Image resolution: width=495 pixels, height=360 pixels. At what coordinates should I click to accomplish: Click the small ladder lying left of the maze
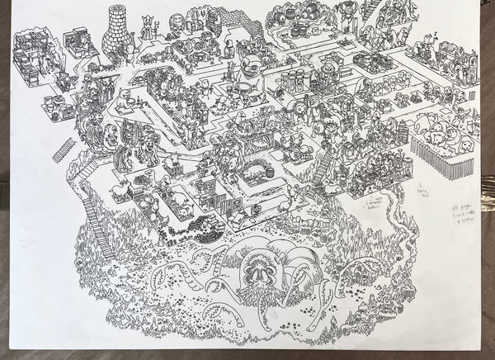(x=64, y=151)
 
